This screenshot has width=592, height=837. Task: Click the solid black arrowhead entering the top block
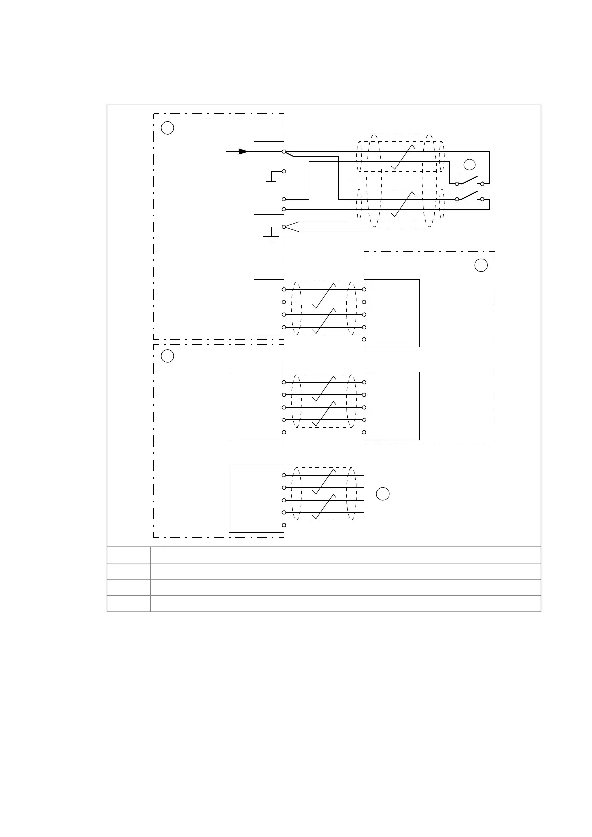(243, 151)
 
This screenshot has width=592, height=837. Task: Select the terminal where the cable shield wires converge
(284, 227)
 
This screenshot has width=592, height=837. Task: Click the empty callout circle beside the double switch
(469, 165)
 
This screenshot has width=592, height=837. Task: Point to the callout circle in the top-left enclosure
(168, 128)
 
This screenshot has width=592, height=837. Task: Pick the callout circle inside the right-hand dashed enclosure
(481, 265)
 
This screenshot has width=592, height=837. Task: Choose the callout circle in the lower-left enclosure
(168, 356)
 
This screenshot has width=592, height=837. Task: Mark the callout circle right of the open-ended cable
(382, 494)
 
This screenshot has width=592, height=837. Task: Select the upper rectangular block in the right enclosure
(392, 313)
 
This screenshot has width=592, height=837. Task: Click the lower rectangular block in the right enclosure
(392, 406)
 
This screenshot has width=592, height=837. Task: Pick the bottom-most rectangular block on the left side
(256, 499)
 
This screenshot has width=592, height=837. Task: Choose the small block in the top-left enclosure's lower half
(268, 307)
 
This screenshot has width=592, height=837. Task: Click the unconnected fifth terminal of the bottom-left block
(284, 525)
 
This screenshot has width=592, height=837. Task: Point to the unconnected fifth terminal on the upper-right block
(364, 339)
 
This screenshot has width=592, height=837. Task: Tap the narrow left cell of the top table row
(129, 555)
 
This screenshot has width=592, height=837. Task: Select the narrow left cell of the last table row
(129, 603)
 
